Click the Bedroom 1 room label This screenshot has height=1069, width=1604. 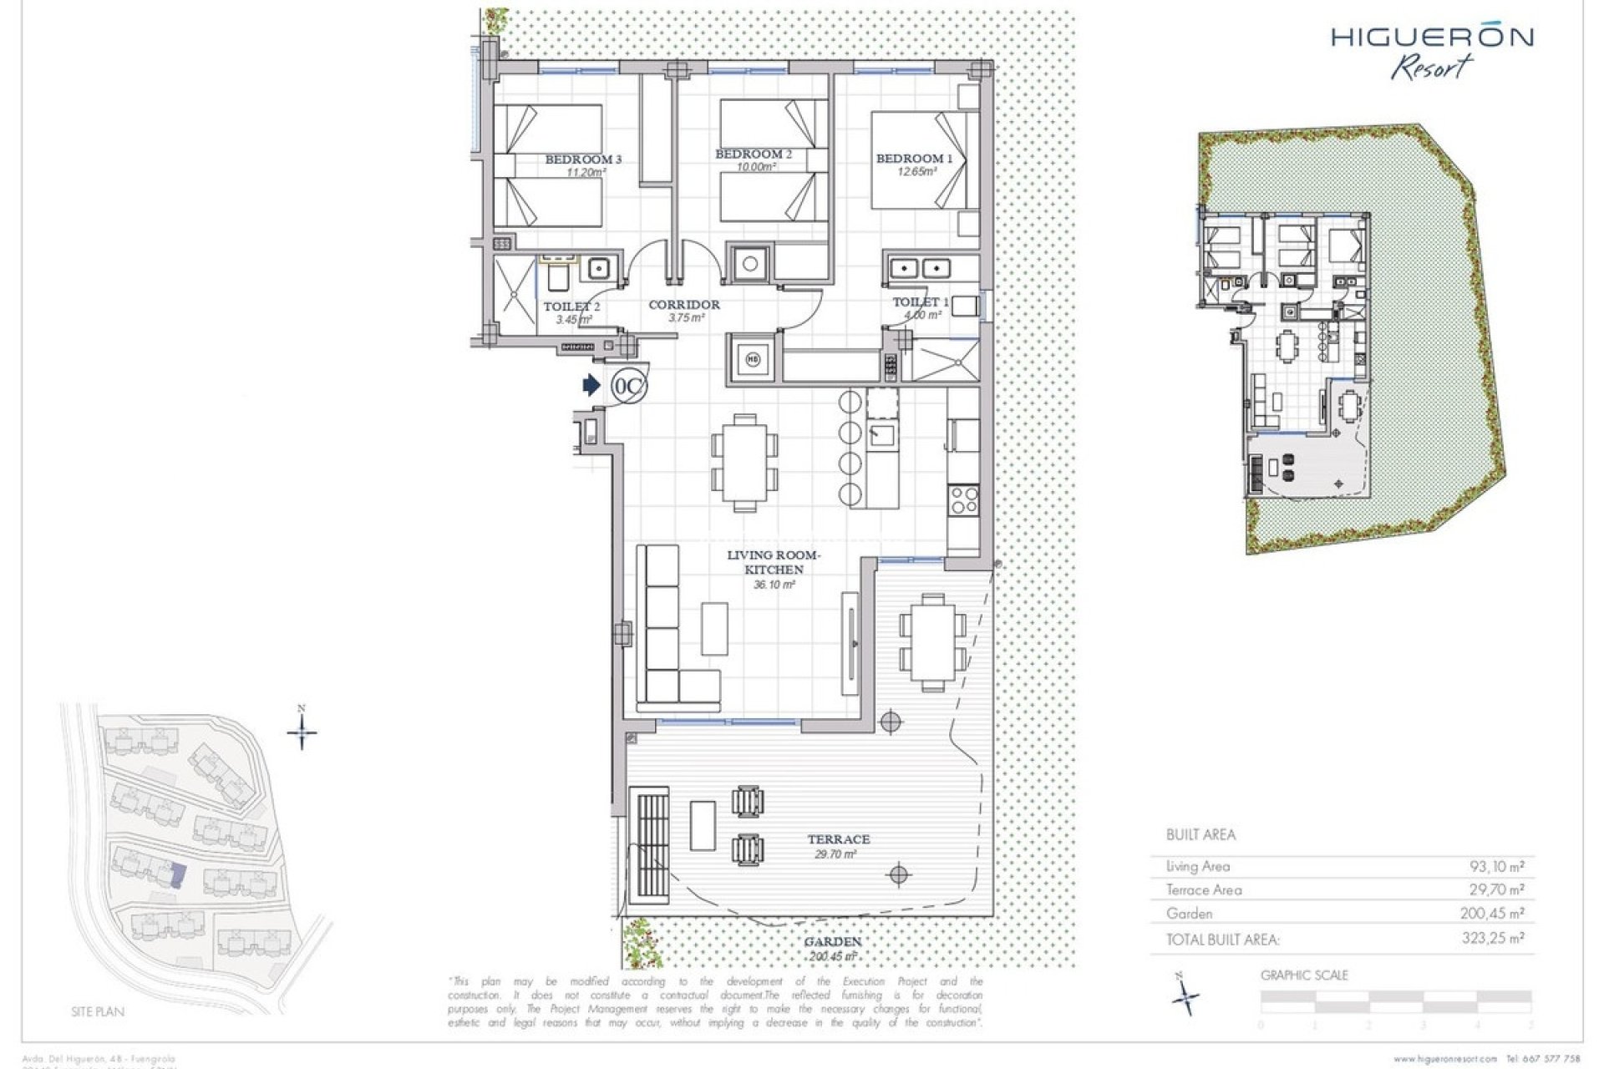pos(913,158)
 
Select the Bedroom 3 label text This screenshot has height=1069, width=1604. pos(583,160)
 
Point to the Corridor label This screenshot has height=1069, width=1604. pos(684,305)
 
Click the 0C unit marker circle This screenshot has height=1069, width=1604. pos(629,386)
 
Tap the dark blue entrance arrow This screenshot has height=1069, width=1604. pos(591,385)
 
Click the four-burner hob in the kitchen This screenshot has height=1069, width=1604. pos(963,500)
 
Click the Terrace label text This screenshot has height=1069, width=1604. pos(838,839)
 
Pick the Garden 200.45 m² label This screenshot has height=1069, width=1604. pos(832,949)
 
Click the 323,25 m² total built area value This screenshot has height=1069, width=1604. pos(1493,938)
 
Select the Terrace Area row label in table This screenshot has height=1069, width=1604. pos(1204,890)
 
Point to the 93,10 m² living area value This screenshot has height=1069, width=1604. pos(1496,867)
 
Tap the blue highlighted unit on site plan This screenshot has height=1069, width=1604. pos(176,875)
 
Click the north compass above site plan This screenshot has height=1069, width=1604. pos(302,732)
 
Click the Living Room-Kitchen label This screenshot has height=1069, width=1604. pos(774,562)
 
